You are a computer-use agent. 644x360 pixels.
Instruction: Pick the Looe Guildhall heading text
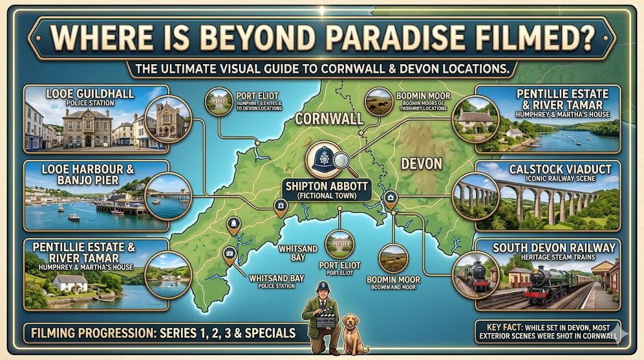pos(90,94)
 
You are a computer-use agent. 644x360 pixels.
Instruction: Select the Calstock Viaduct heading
pos(551,169)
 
